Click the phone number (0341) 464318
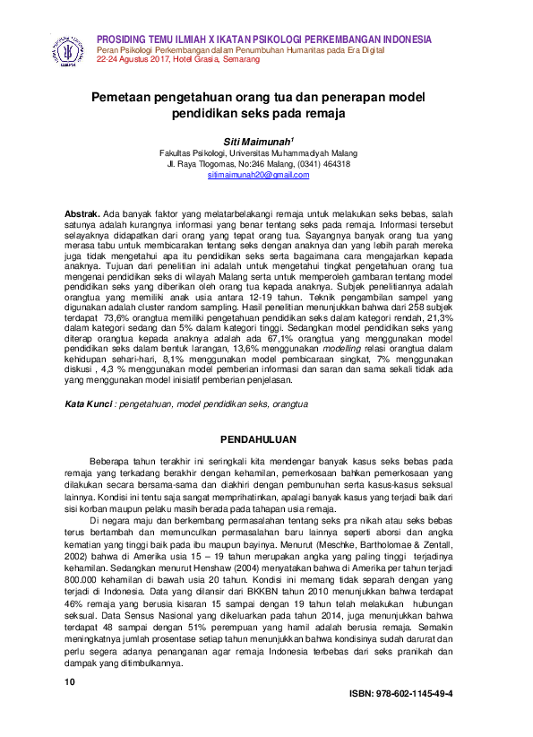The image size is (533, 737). point(322,164)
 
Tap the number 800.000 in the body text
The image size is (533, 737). point(86,566)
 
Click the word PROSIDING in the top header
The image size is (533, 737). point(125,39)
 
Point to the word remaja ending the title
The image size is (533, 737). point(321,114)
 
